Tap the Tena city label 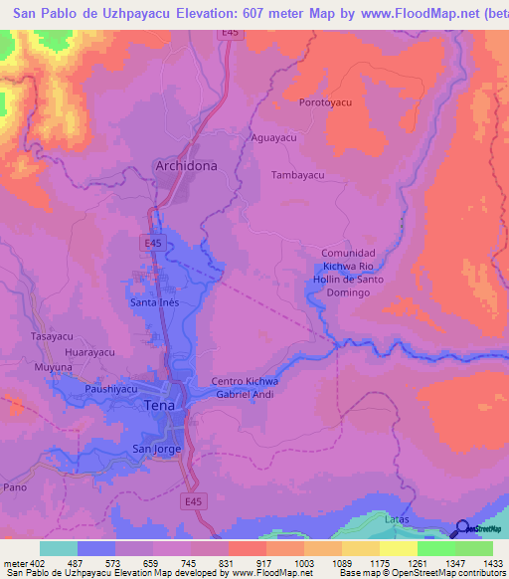click(x=160, y=405)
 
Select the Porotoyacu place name click(x=326, y=102)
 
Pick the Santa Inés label click(x=154, y=301)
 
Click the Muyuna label click(x=54, y=368)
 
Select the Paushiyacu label click(x=111, y=389)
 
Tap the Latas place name click(x=397, y=519)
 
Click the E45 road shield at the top click(x=231, y=34)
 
